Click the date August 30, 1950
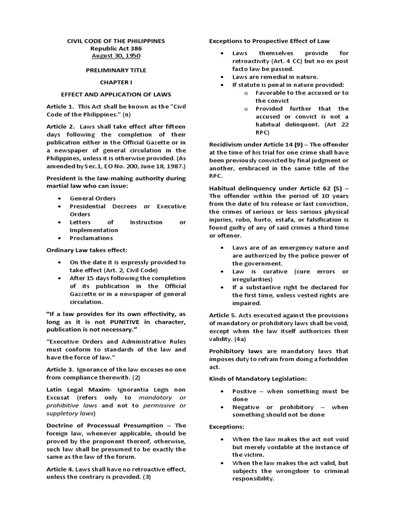coord(116,55)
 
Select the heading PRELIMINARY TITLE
coord(116,70)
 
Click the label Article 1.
coord(60,106)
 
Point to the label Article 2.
coord(60,126)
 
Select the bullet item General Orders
coord(93,198)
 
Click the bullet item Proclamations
coord(91,238)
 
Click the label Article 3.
coord(60,369)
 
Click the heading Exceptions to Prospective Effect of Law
coord(269,41)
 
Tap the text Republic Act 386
coord(116,48)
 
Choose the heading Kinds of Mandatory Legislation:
coord(257,379)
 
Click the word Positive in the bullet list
coord(245,391)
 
